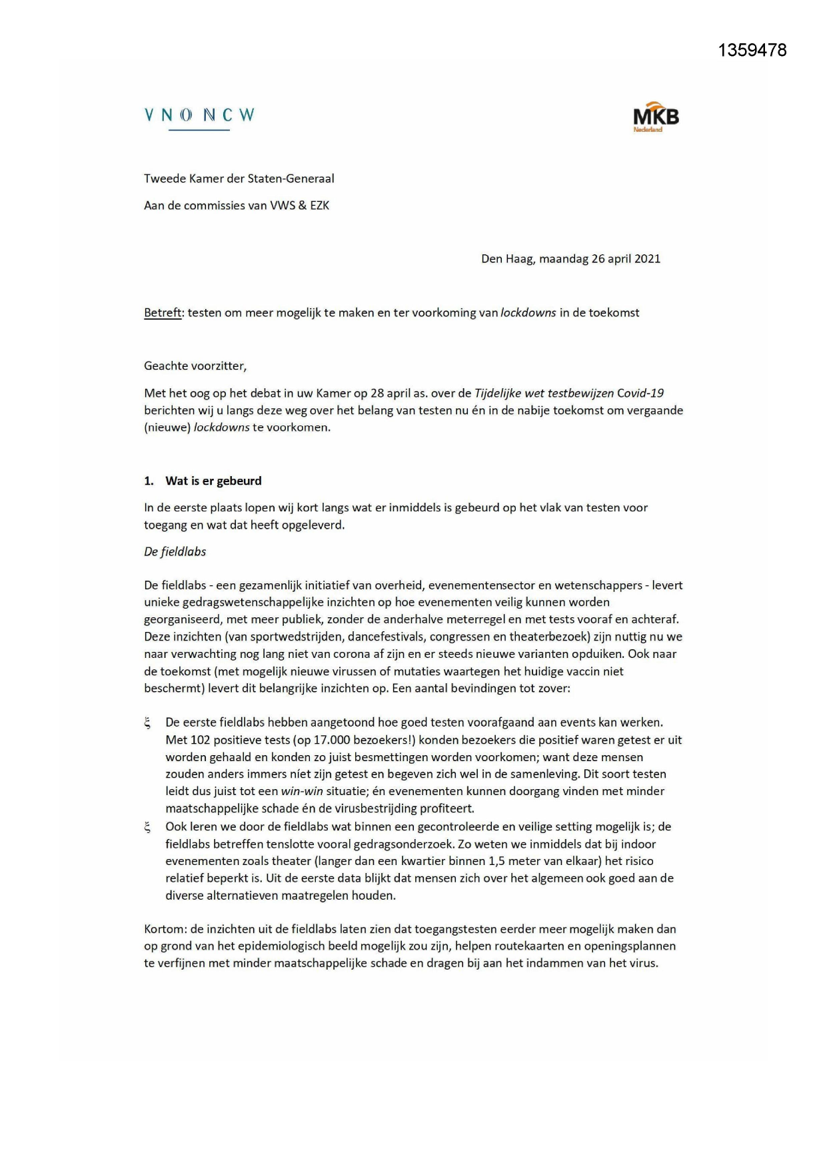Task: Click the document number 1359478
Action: pos(752,51)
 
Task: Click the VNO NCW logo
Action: pos(199,116)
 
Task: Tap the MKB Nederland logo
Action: pos(656,118)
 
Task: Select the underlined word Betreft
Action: pos(163,312)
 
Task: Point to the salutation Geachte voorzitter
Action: pos(195,366)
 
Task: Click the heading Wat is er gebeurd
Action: pos(213,481)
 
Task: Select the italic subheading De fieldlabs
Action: pos(175,551)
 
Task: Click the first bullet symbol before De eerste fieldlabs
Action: pos(147,723)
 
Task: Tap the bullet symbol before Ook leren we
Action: pos(147,827)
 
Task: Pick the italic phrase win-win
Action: pos(302,791)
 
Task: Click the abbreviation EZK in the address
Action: pos(319,205)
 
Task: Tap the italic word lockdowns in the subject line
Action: pos(528,312)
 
